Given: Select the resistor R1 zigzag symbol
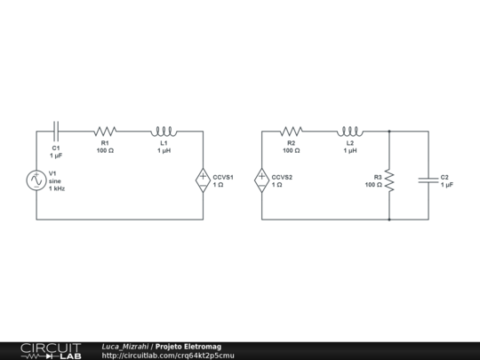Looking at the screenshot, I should tap(105, 131).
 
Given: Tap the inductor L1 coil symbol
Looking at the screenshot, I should tap(164, 131).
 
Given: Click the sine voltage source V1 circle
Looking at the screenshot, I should tap(36, 180).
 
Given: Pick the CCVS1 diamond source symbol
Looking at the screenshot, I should tap(203, 180).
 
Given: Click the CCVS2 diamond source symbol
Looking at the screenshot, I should tap(262, 180).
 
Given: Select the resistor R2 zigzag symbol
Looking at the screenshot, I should tap(292, 131).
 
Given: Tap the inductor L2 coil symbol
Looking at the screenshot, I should tap(350, 131).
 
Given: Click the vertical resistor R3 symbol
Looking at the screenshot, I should tap(389, 180).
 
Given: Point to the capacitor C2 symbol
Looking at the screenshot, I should tap(428, 180).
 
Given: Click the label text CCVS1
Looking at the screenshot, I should tap(223, 177).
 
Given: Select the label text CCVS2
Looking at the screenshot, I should tap(282, 177).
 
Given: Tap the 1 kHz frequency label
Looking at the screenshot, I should tap(57, 188).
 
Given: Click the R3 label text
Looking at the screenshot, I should tap(377, 177).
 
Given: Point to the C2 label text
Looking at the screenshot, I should tap(444, 177).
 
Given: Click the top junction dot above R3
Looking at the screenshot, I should tap(389, 132).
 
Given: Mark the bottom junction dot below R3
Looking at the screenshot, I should tap(389, 219).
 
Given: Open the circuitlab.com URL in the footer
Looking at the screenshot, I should tap(168, 356).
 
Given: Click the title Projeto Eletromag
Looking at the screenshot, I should tap(188, 346).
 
